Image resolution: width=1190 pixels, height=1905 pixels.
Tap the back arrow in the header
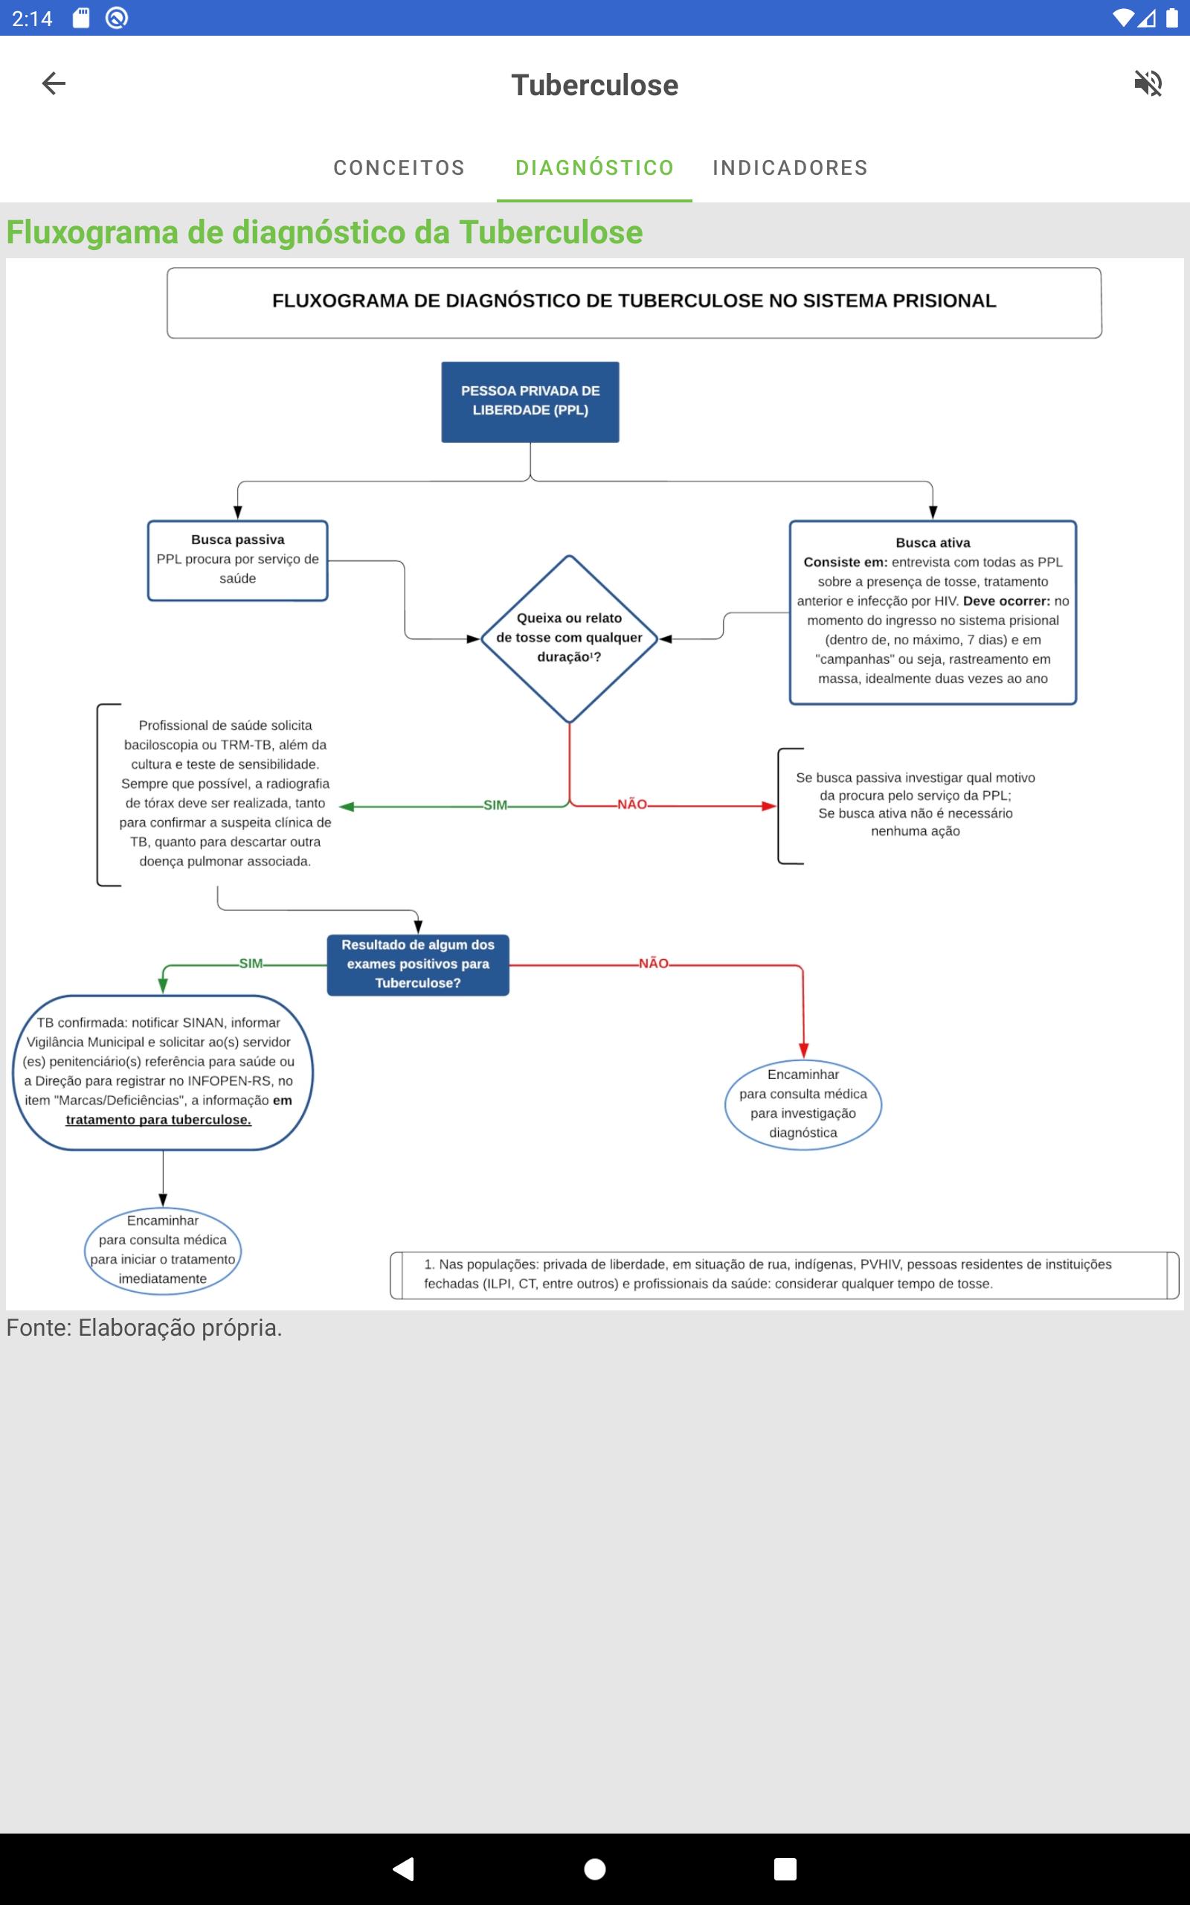click(x=54, y=83)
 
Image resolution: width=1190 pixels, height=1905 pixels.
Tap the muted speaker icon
click(x=1148, y=83)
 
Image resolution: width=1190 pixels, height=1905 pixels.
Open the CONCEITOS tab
click(x=399, y=167)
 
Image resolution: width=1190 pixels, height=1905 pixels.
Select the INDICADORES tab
click(x=790, y=167)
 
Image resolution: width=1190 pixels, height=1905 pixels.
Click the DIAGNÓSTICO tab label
click(x=594, y=167)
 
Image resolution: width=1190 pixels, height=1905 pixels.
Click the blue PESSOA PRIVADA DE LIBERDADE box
click(x=530, y=402)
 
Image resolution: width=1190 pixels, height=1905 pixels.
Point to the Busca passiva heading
click(x=238, y=540)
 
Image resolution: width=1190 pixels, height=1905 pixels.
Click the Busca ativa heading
click(x=933, y=542)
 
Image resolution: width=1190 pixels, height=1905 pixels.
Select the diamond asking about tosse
click(x=569, y=638)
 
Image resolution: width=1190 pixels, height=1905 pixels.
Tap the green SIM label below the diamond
click(x=495, y=805)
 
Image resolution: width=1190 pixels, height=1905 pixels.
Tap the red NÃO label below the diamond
click(x=632, y=804)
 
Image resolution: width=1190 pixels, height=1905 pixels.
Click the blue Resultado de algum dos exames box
click(x=418, y=964)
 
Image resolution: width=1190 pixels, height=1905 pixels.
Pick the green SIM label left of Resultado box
click(x=251, y=964)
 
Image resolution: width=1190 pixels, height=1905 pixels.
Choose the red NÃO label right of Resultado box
click(x=653, y=964)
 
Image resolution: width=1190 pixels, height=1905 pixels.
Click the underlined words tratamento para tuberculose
click(x=158, y=1119)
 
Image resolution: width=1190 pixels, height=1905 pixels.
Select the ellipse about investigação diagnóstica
click(x=803, y=1103)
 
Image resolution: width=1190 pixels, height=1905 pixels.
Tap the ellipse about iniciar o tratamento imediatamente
click(x=162, y=1250)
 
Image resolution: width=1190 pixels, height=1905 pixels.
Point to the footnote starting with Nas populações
click(x=768, y=1274)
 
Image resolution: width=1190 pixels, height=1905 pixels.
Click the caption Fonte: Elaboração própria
click(x=144, y=1328)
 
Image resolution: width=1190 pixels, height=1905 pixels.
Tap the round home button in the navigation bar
click(x=595, y=1869)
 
